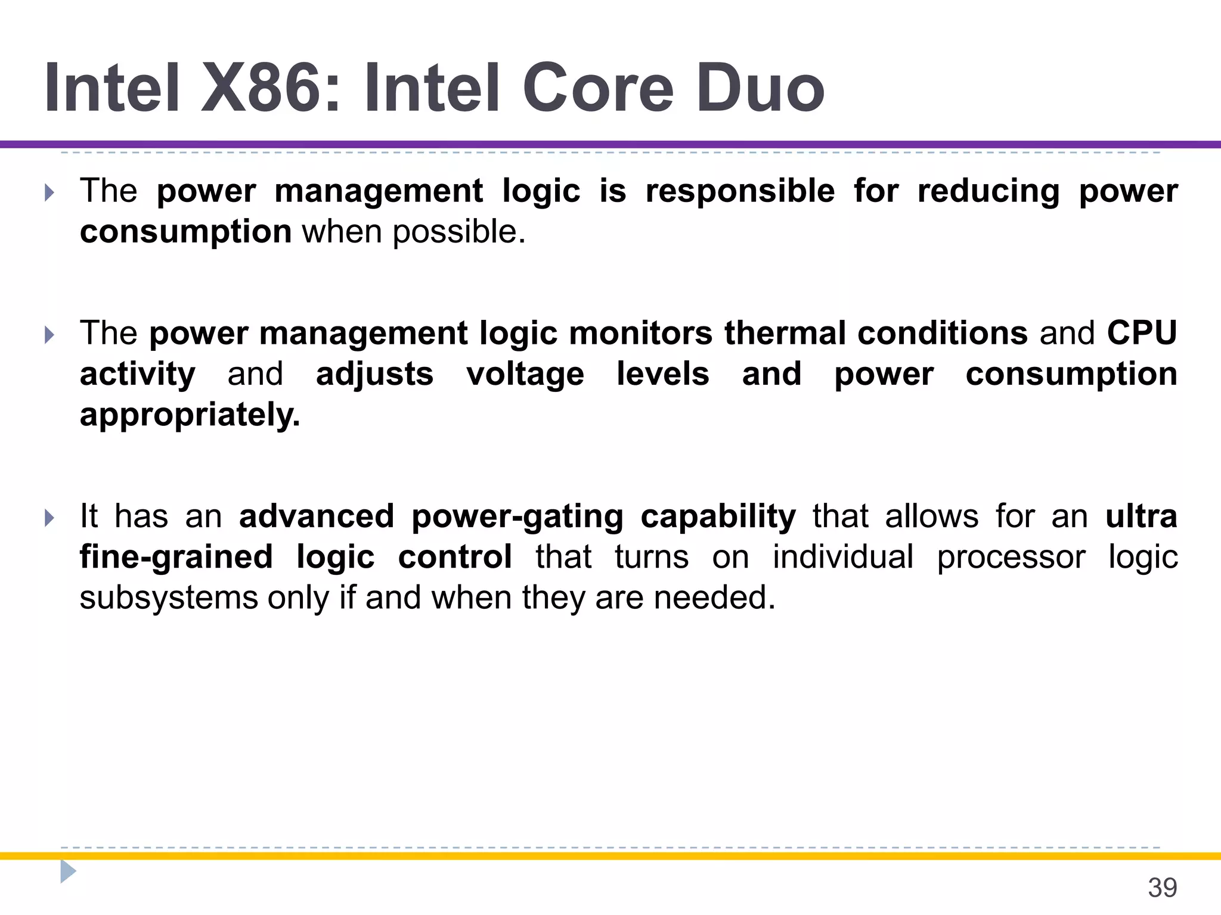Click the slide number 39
1162,888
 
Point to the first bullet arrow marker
49,192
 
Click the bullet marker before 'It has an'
49,518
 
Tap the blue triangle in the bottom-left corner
68,872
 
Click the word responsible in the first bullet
740,192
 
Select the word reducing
988,192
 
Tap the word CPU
1142,333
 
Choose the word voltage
525,375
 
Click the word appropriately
190,415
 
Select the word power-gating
517,516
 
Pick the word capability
718,516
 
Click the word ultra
1141,516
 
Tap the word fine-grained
176,557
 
